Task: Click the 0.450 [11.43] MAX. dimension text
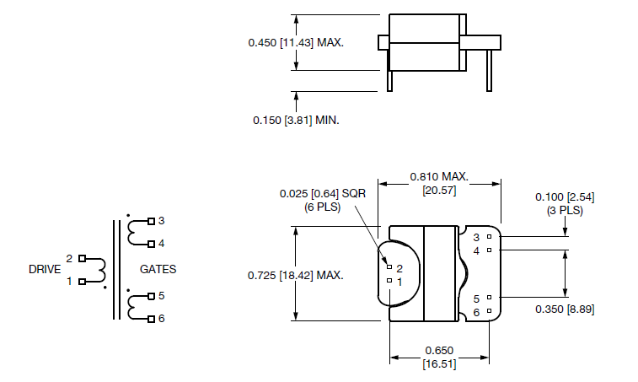(x=296, y=41)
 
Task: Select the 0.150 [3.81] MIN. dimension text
(x=296, y=121)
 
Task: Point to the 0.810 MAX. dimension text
(x=438, y=176)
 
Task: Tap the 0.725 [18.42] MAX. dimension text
(x=296, y=275)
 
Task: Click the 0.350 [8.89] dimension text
(x=565, y=309)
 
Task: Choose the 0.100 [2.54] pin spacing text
(x=565, y=196)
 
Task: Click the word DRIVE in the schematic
(x=44, y=270)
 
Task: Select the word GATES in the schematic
(x=158, y=270)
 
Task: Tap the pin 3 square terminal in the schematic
(x=151, y=221)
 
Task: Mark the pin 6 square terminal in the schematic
(x=151, y=319)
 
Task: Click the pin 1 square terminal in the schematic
(x=82, y=282)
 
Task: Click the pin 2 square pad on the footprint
(x=389, y=266)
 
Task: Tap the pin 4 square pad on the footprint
(x=489, y=250)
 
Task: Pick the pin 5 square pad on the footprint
(x=489, y=298)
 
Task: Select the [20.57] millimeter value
(x=438, y=191)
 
